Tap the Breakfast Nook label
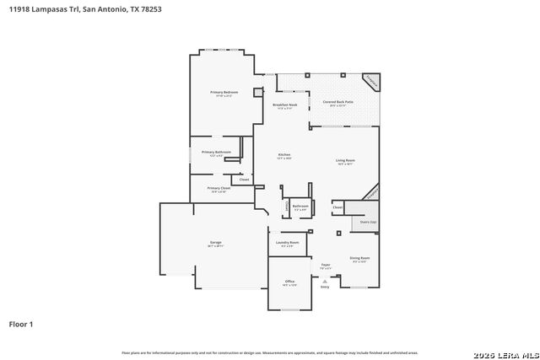pyautogui.click(x=284, y=105)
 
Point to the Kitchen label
pyautogui.click(x=284, y=154)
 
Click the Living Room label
pyautogui.click(x=345, y=160)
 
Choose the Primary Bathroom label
pyautogui.click(x=216, y=152)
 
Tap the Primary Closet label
pyautogui.click(x=219, y=188)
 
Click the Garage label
pyautogui.click(x=216, y=243)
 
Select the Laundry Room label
pyautogui.click(x=288, y=243)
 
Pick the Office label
pyautogui.click(x=289, y=282)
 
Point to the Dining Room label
pyautogui.click(x=360, y=258)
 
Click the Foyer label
pyautogui.click(x=325, y=265)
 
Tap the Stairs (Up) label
pyautogui.click(x=368, y=223)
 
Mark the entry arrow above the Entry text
pyautogui.click(x=325, y=281)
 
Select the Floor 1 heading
pyautogui.click(x=21, y=324)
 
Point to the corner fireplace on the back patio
pyautogui.click(x=370, y=82)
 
